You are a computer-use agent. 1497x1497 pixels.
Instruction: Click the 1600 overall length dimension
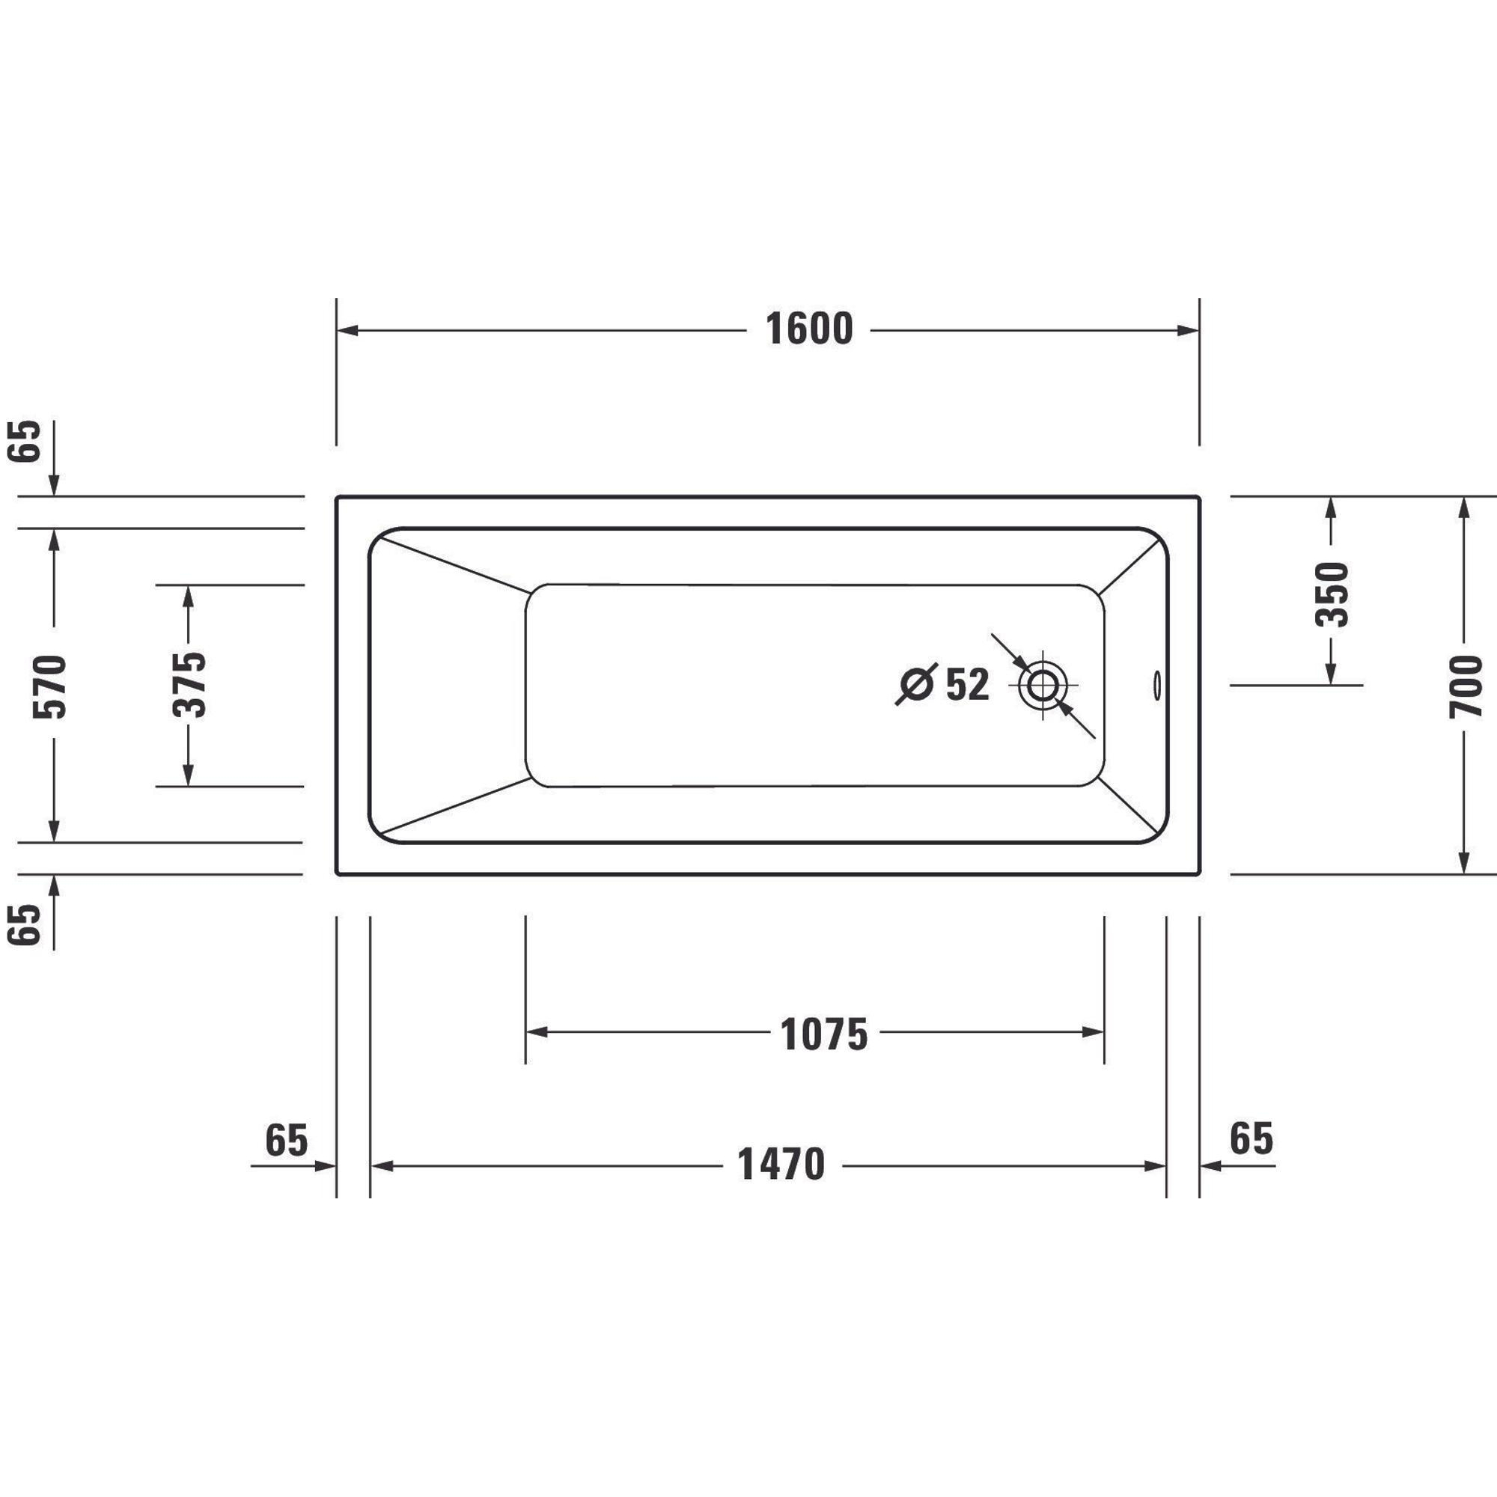809,329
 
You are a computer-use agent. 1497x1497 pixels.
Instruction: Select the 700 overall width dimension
1466,686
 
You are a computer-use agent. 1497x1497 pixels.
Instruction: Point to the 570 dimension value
50,686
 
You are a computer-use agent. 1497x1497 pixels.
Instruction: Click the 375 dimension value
190,685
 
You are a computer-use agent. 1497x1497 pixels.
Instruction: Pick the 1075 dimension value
823,1035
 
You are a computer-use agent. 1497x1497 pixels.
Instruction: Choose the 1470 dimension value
781,1165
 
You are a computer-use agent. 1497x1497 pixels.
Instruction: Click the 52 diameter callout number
968,685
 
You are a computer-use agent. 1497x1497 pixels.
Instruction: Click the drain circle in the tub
1042,686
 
